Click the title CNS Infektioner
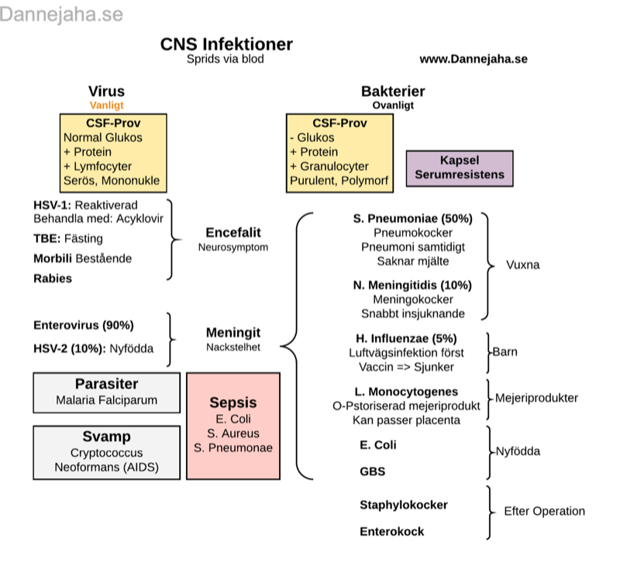coord(226,44)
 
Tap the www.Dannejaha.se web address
coord(473,59)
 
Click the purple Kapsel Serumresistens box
coord(460,167)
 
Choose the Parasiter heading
coord(106,385)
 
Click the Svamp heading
coord(106,437)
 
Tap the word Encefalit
coord(233,233)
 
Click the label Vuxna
coord(522,264)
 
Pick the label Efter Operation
coord(544,512)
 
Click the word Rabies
coord(53,278)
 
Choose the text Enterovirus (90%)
coord(84,325)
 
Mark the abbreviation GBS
coord(372,471)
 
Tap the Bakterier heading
coord(393,91)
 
